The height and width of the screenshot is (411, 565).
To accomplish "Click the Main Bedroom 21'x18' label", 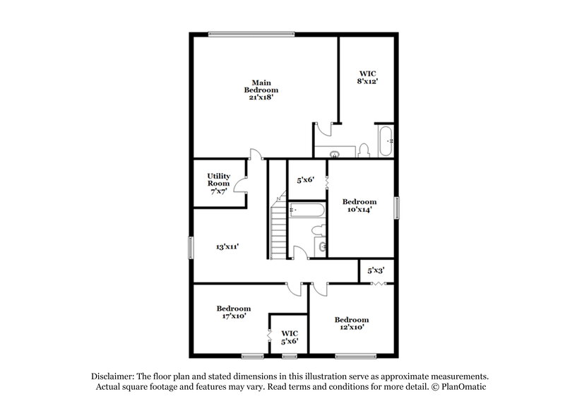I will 261,90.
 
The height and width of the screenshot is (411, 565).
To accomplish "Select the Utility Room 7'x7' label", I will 218,184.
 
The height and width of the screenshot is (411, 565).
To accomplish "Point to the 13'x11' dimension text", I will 227,247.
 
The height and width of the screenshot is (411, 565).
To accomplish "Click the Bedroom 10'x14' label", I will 360,205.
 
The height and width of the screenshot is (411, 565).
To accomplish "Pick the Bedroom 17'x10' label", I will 234,313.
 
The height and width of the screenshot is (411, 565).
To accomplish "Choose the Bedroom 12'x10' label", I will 351,324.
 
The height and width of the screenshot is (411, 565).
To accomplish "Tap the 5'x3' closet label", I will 376,270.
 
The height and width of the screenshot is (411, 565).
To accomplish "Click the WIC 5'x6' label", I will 290,337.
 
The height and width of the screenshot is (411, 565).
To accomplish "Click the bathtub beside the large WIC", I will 386,141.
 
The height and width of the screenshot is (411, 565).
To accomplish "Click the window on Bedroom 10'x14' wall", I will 396,208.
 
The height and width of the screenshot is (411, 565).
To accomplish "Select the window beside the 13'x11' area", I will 191,248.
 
